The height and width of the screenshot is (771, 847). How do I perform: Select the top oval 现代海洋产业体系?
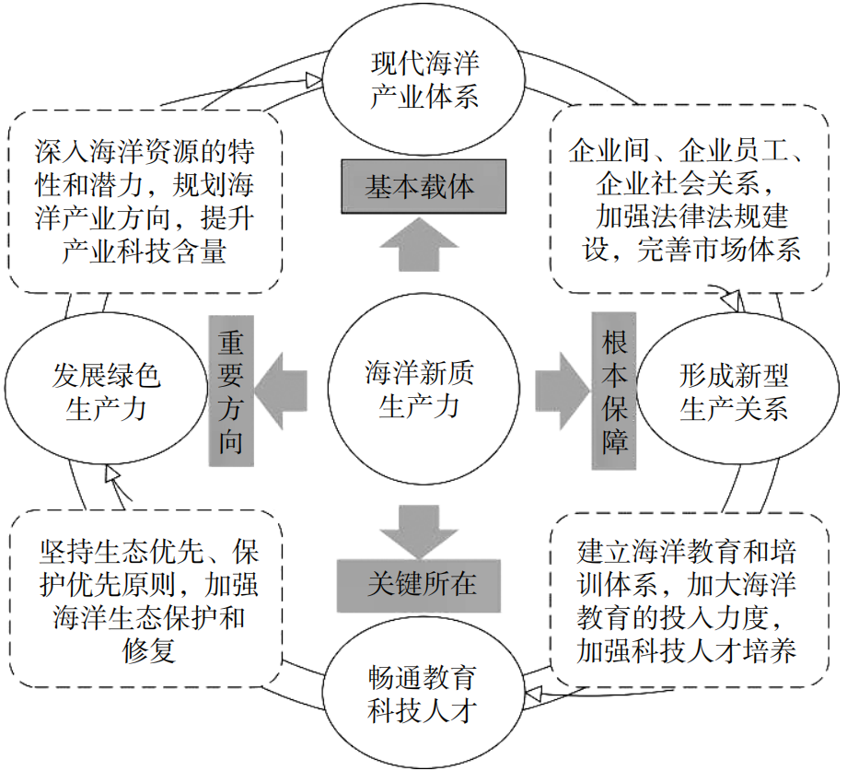coord(424,81)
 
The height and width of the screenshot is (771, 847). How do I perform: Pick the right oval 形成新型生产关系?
coord(733,391)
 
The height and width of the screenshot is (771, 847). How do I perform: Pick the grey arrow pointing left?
coord(281,385)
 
